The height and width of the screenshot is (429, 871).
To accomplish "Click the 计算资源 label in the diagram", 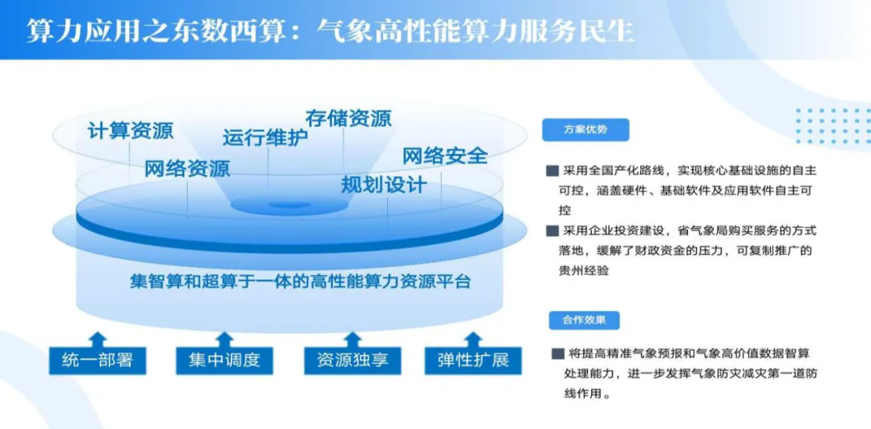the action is point(131,131).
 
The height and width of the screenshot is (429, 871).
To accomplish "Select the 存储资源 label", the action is point(348,118).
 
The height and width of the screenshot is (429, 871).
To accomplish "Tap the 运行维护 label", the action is point(265,138).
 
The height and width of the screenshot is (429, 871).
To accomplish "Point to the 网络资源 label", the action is point(187,169).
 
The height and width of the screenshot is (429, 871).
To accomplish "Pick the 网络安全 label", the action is point(445,156).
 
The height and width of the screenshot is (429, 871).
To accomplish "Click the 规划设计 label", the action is point(384,185).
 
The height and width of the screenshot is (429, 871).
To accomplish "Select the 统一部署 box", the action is point(98,360).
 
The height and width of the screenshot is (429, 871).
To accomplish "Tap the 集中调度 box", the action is point(224,360).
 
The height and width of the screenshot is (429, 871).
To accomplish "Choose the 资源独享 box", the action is point(352,360).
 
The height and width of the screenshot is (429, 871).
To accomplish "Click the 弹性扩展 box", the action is point(474,360).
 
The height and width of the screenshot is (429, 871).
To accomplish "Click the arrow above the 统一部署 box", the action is point(98,339).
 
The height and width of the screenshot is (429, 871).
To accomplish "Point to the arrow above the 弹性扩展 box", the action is point(473,339).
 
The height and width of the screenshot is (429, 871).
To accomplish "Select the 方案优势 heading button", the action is point(586,130).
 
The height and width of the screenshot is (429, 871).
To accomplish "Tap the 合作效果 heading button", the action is point(585,321).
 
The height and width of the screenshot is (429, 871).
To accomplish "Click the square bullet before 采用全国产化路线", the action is point(552,171).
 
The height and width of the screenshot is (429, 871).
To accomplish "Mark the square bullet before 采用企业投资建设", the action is point(552,231).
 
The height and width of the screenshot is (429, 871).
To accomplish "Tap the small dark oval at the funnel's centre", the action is point(289,205).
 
